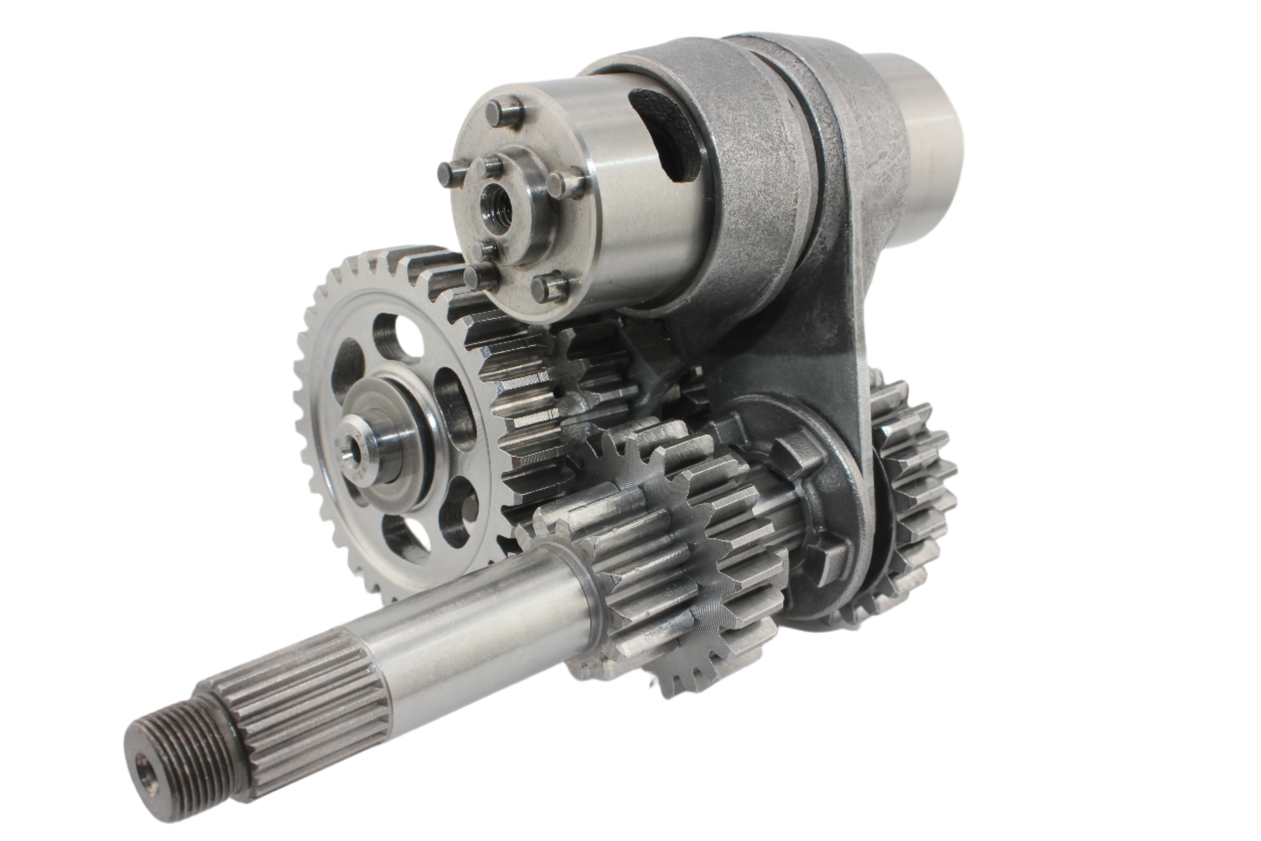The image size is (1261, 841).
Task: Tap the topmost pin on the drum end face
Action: (504, 110)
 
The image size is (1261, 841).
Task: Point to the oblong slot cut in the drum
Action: (665, 134)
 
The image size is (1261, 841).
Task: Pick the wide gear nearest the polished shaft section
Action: (633, 563)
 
